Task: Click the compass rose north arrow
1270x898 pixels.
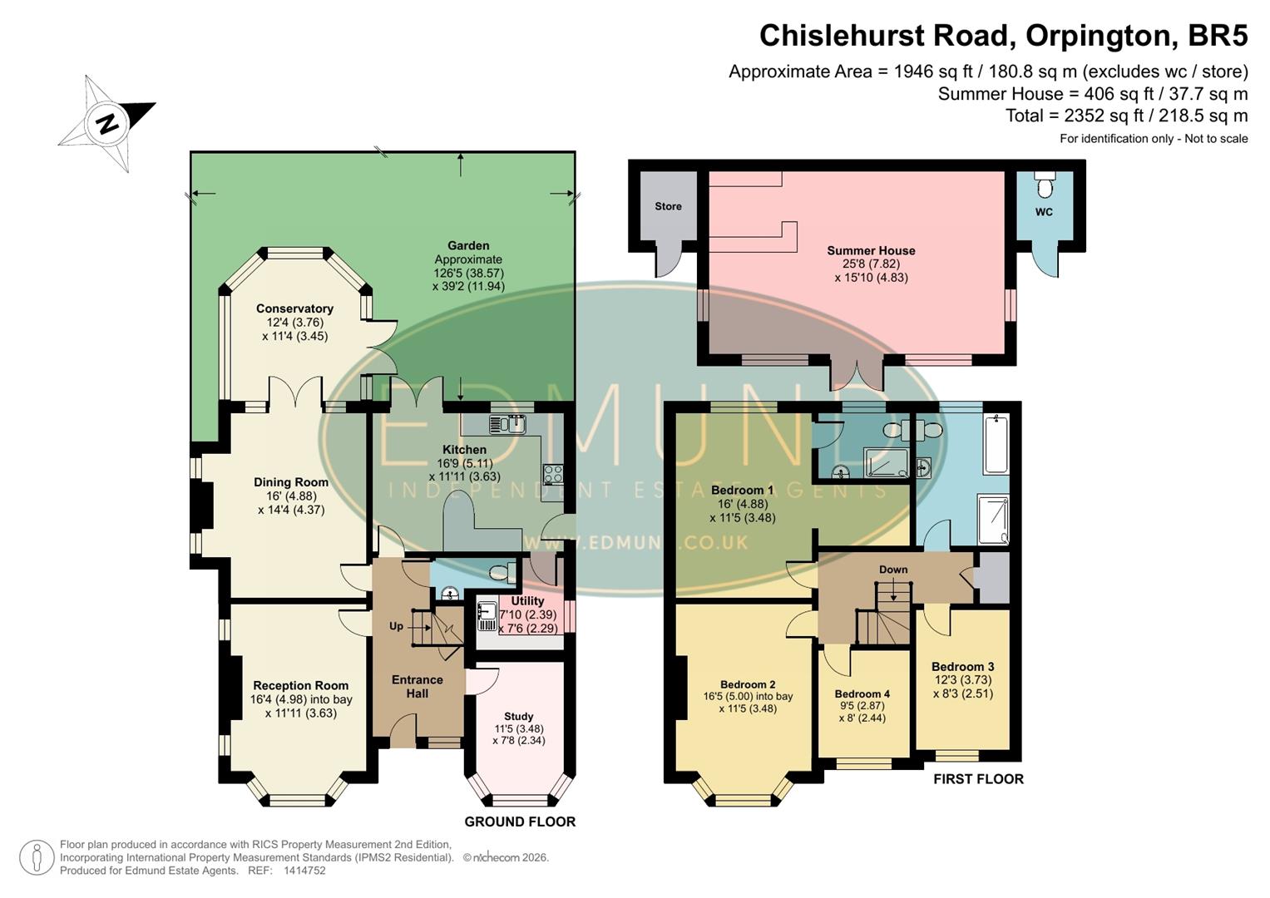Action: tap(107, 124)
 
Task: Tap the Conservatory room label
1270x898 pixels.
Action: tap(294, 308)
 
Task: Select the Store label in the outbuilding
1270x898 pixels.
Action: tap(668, 206)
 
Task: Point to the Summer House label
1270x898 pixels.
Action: tap(871, 250)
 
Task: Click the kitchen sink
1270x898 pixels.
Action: tap(507, 424)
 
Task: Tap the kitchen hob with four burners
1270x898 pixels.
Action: tap(554, 474)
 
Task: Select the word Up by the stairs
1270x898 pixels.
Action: tap(396, 626)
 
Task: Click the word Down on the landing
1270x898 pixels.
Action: tap(893, 570)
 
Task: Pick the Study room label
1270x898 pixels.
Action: tap(518, 716)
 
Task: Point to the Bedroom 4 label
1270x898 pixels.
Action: tap(862, 693)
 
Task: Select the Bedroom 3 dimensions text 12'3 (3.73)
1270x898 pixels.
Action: tap(962, 680)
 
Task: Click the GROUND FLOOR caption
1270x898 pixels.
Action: tap(520, 822)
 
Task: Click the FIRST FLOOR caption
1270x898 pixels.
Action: tap(978, 779)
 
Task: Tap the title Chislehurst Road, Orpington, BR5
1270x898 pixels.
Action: tap(1003, 36)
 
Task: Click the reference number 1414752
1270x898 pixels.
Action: tap(304, 871)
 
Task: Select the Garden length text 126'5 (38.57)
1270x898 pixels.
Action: tap(468, 273)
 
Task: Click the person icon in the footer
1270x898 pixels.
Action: tap(36, 857)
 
